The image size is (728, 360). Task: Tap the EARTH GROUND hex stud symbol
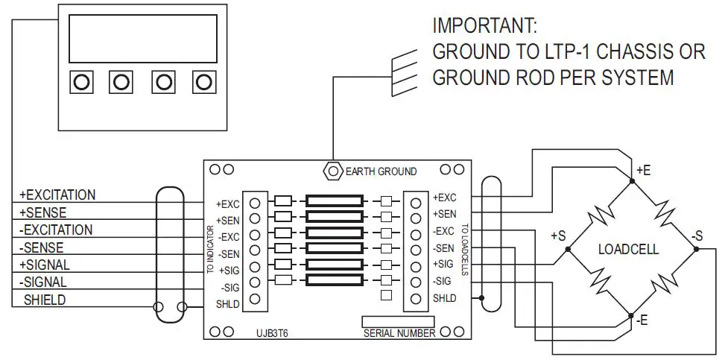click(332, 171)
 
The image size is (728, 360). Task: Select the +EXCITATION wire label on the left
click(57, 195)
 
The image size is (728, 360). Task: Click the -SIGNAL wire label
click(43, 282)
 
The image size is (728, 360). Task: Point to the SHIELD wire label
click(45, 300)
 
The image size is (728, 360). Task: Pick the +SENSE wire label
click(43, 213)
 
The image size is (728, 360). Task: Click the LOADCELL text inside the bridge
click(628, 250)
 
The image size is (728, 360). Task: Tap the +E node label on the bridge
click(644, 171)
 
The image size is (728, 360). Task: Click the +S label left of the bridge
click(558, 236)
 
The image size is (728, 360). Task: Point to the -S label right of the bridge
click(697, 236)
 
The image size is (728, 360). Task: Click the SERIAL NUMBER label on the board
click(399, 333)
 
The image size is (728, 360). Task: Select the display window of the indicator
click(142, 39)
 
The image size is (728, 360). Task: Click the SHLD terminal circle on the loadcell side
click(416, 298)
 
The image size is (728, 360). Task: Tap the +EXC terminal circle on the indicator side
click(255, 202)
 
